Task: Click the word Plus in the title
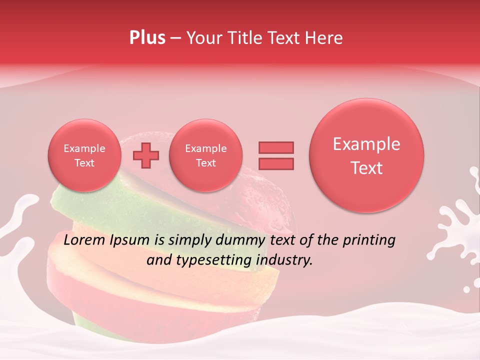pos(147,38)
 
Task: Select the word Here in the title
pos(324,38)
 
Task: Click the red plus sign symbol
pos(145,155)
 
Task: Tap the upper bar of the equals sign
pos(275,147)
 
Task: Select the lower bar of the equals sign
pos(275,163)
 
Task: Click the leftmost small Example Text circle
pos(84,155)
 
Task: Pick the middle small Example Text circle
pos(205,155)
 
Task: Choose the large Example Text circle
pos(366,155)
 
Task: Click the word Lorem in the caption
pos(84,240)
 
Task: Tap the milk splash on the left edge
pos(17,220)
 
